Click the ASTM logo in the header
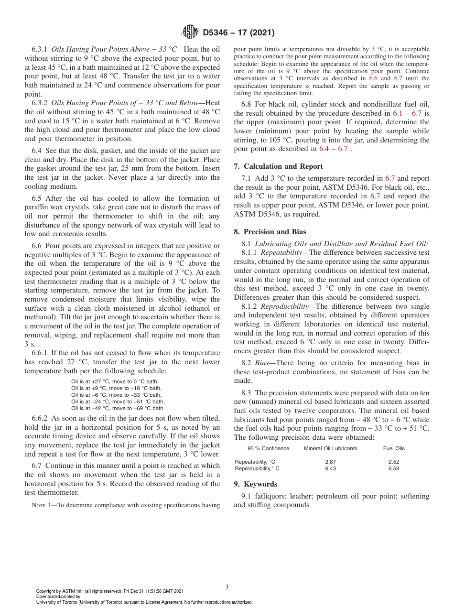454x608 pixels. [x=191, y=33]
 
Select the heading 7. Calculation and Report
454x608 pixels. [x=278, y=166]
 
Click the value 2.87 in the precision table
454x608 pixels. [x=330, y=462]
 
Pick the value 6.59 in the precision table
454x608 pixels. [x=394, y=468]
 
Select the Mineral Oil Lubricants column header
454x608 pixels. [x=330, y=448]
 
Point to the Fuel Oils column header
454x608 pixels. [x=394, y=448]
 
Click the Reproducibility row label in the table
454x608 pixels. [x=257, y=468]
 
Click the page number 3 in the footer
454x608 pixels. [x=227, y=587]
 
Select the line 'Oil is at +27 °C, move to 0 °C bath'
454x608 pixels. [x=116, y=381]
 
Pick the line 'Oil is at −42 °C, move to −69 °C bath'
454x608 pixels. [x=118, y=408]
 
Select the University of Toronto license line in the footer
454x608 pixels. [x=144, y=602]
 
